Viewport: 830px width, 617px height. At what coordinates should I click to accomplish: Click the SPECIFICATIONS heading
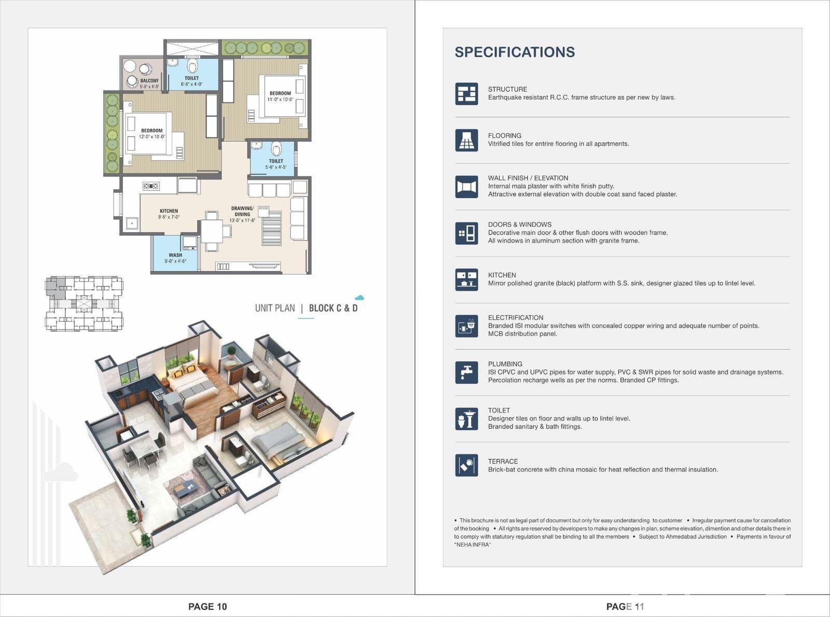(x=515, y=52)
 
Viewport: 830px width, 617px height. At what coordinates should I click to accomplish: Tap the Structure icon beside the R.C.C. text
(x=466, y=93)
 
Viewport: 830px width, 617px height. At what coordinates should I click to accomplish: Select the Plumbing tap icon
(x=466, y=372)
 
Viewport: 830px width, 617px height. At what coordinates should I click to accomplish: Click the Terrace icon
(x=466, y=465)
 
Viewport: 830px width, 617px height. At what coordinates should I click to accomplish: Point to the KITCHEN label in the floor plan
(x=169, y=211)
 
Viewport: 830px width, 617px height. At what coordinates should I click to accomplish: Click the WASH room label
(x=175, y=255)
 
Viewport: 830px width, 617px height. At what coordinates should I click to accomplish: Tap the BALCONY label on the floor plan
(x=149, y=80)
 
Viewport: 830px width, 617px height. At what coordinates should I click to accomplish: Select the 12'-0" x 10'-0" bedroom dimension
(x=151, y=136)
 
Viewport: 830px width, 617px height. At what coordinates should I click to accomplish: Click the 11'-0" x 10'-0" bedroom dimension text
(x=280, y=99)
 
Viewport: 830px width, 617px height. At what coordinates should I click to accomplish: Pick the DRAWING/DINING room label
(x=242, y=211)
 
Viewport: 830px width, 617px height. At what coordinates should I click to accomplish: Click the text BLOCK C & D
(x=333, y=308)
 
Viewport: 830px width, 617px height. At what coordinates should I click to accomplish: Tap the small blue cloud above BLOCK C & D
(x=359, y=298)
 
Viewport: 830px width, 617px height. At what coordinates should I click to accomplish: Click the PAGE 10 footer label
(x=208, y=607)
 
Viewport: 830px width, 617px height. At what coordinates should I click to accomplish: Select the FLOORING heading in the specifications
(x=504, y=135)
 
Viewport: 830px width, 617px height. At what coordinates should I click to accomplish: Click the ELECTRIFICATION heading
(x=515, y=318)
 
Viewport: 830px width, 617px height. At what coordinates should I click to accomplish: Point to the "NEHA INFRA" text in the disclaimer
(x=472, y=545)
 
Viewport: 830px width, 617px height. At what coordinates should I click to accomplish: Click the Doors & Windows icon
(x=466, y=233)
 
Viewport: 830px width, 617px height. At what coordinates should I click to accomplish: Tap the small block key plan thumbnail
(x=84, y=304)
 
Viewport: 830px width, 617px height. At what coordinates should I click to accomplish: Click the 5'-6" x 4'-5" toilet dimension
(x=276, y=167)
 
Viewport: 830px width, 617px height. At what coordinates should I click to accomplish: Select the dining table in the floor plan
(x=212, y=231)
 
